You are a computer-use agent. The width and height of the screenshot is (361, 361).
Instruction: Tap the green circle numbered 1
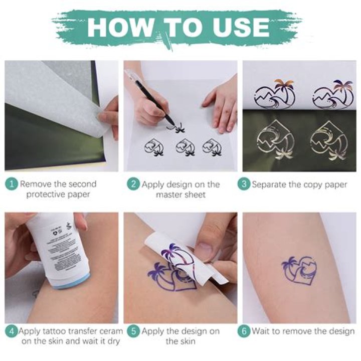[x=12, y=184]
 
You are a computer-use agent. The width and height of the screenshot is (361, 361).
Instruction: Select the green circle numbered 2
[x=133, y=184]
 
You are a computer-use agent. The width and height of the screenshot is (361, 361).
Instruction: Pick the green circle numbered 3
[x=244, y=184]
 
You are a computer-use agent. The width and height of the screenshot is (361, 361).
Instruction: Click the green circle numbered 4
[x=11, y=331]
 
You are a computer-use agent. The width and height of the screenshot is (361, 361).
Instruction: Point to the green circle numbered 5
[x=133, y=331]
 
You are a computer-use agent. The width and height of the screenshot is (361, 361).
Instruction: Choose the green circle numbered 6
[x=244, y=331]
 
